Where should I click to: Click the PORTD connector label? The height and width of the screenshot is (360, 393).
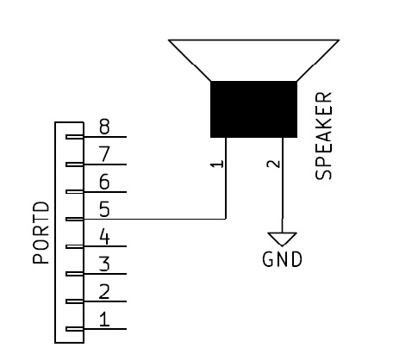[x=41, y=233]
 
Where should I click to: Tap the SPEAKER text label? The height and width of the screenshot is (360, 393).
[x=323, y=136]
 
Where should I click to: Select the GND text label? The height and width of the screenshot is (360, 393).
[x=282, y=259]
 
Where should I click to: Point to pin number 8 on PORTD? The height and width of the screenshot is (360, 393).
[x=104, y=127]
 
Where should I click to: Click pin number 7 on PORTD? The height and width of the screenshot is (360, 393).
[x=104, y=154]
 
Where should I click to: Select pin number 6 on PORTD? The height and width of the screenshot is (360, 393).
[x=104, y=182]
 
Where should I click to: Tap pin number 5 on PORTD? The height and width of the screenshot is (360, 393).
[x=104, y=209]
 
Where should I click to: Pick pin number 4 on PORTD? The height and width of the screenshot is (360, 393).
[x=104, y=237]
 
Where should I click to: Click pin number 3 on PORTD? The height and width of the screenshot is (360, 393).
[x=104, y=264]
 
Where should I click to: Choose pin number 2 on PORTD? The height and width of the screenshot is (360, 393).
[x=104, y=292]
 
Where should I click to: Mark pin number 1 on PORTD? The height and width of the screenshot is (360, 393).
[x=104, y=320]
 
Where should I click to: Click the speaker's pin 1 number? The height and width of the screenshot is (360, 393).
[x=217, y=164]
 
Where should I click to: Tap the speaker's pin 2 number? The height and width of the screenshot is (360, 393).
[x=274, y=164]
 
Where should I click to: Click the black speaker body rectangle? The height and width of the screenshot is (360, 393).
[x=253, y=109]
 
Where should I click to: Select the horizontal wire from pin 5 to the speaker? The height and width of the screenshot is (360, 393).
[x=154, y=219]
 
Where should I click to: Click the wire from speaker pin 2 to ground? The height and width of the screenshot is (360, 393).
[x=283, y=185]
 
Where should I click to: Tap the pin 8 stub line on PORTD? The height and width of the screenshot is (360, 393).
[x=97, y=137]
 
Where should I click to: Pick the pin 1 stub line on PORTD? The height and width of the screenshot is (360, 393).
[x=97, y=329]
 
